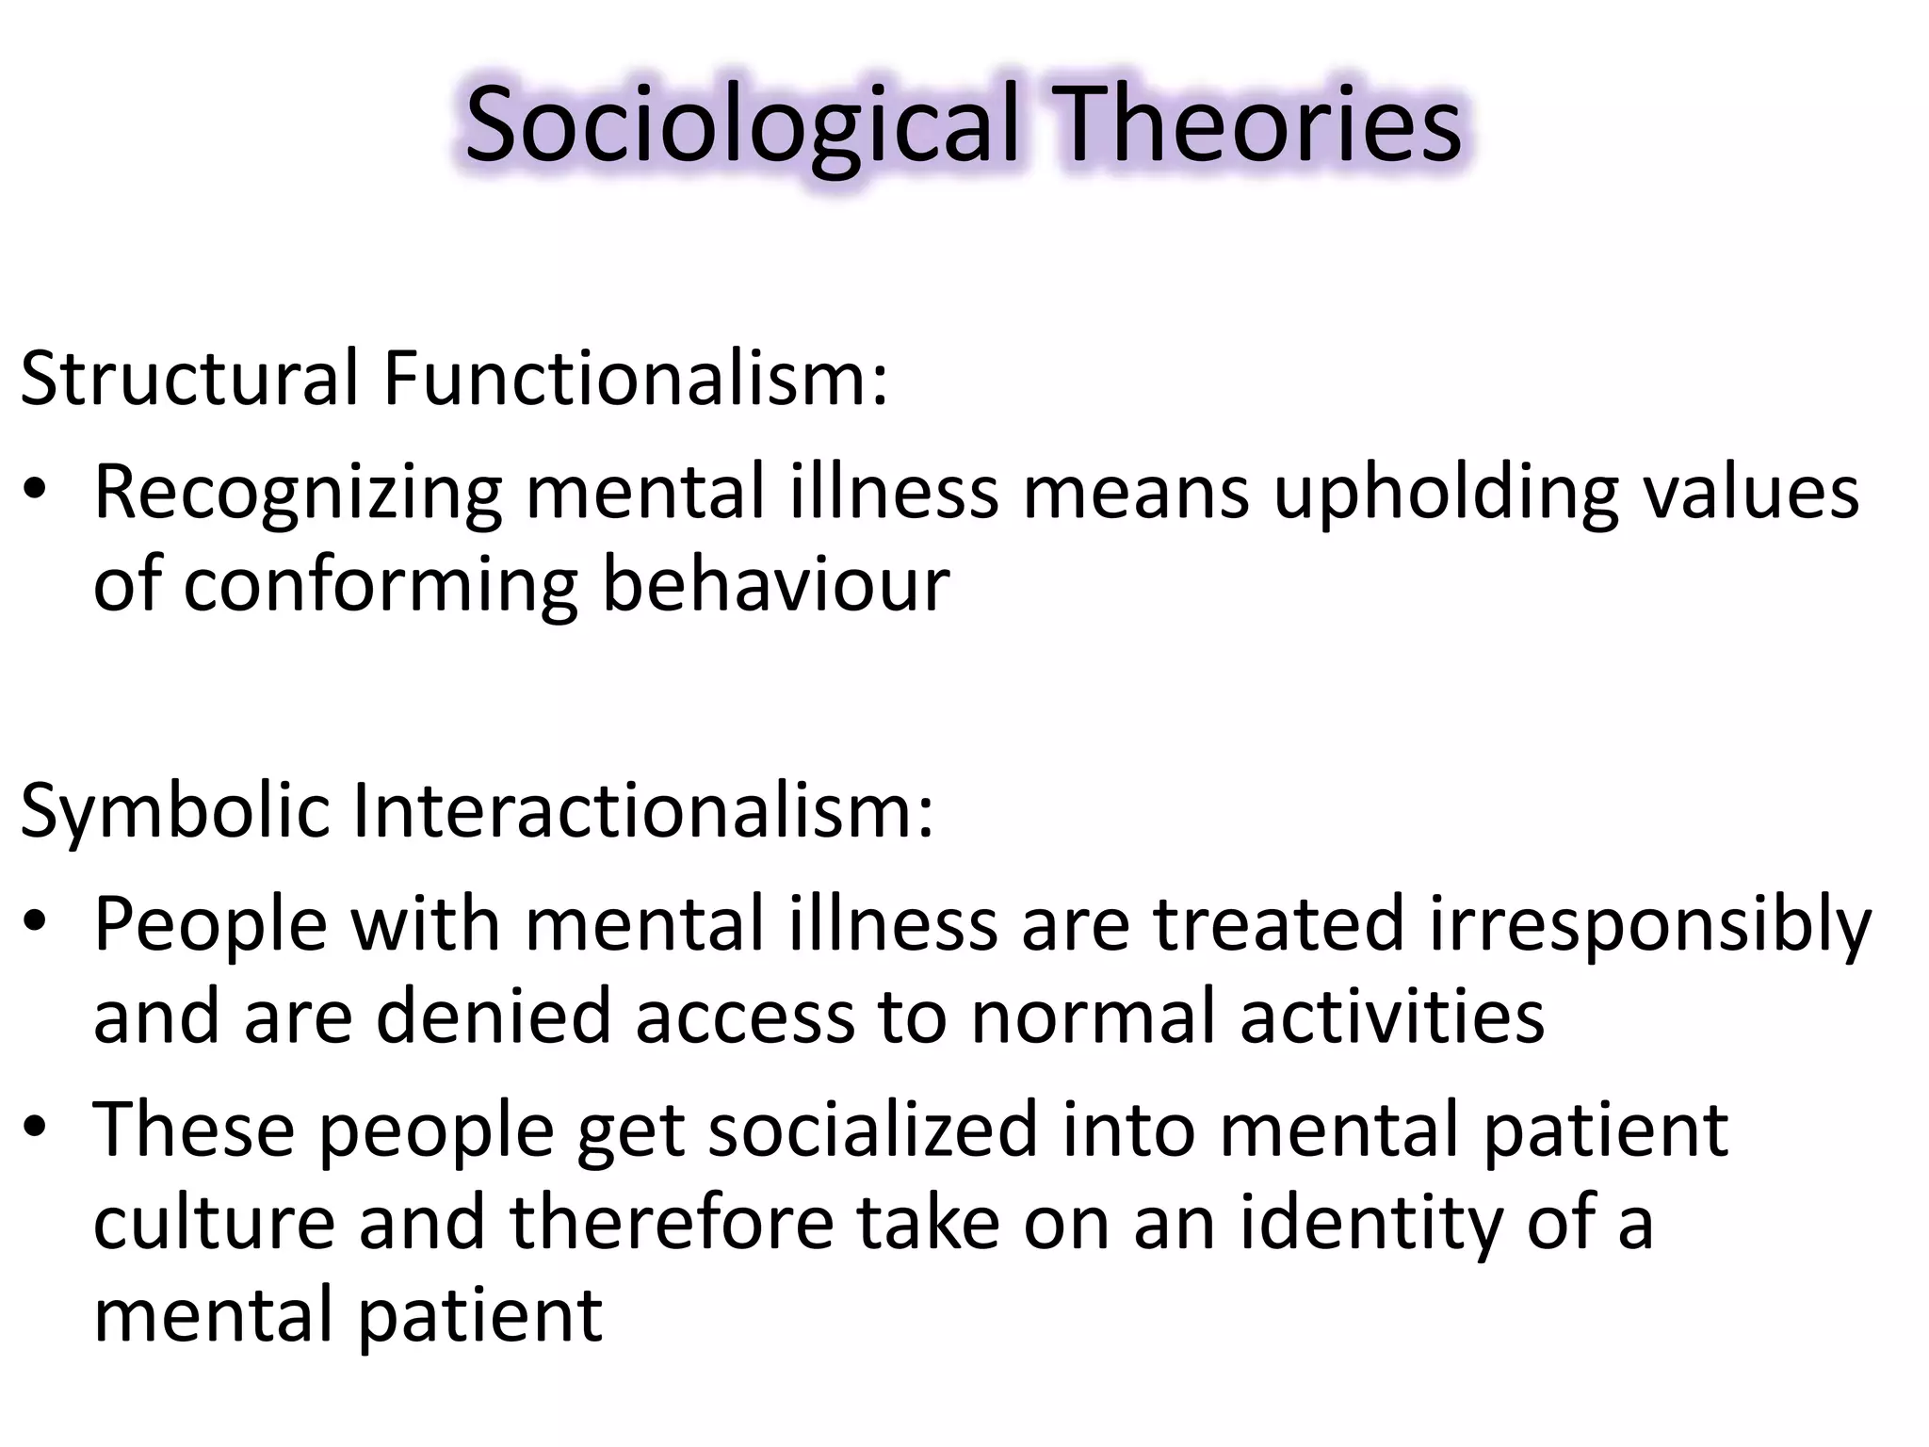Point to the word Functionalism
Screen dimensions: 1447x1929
[635, 379]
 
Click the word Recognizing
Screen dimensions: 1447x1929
[298, 494]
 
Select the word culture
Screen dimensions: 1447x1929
[214, 1223]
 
